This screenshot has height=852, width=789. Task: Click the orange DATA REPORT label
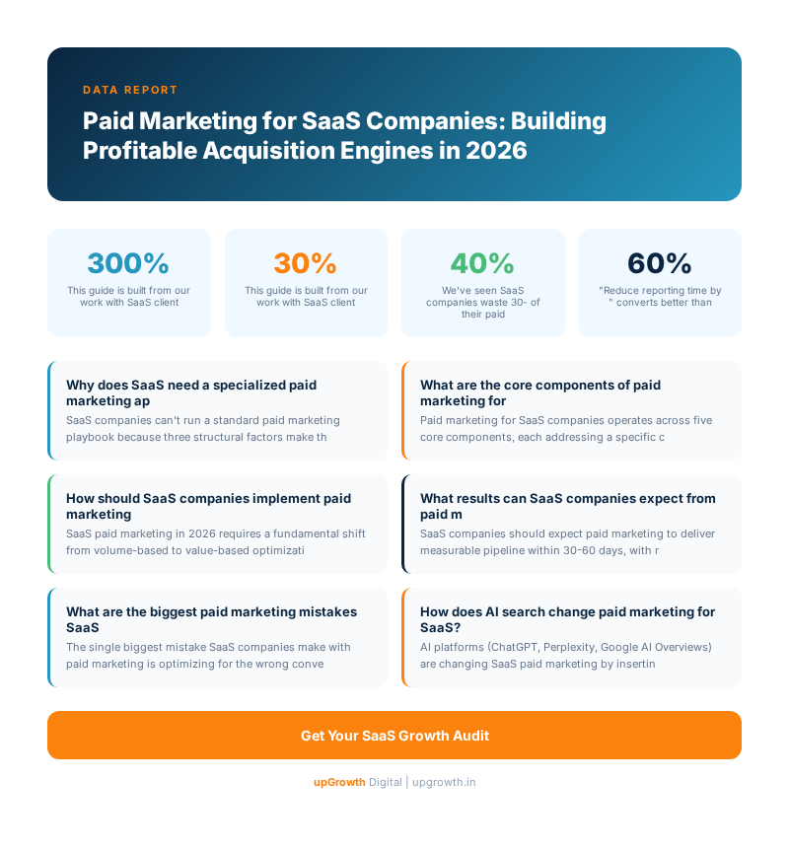tap(130, 90)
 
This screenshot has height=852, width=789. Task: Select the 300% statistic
tap(128, 263)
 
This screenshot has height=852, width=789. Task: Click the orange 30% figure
tap(306, 263)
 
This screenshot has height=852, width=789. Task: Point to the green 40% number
tap(482, 263)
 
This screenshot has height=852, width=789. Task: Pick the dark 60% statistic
tap(660, 263)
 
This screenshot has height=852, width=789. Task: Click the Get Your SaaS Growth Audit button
tap(394, 736)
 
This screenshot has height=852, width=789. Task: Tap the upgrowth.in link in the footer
tap(444, 782)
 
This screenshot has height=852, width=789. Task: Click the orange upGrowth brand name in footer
tap(339, 782)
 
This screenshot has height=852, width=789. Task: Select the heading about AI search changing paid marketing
tap(567, 619)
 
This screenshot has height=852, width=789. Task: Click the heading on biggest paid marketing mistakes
tap(211, 619)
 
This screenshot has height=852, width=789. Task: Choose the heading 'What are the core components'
tap(539, 392)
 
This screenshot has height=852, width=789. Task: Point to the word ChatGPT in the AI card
tap(514, 647)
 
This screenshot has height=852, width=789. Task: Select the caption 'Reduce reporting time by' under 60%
tap(660, 291)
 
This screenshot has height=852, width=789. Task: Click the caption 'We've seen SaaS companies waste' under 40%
tap(482, 297)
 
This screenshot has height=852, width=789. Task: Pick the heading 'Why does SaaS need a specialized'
tap(191, 392)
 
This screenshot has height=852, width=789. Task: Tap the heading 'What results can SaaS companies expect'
tap(567, 506)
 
